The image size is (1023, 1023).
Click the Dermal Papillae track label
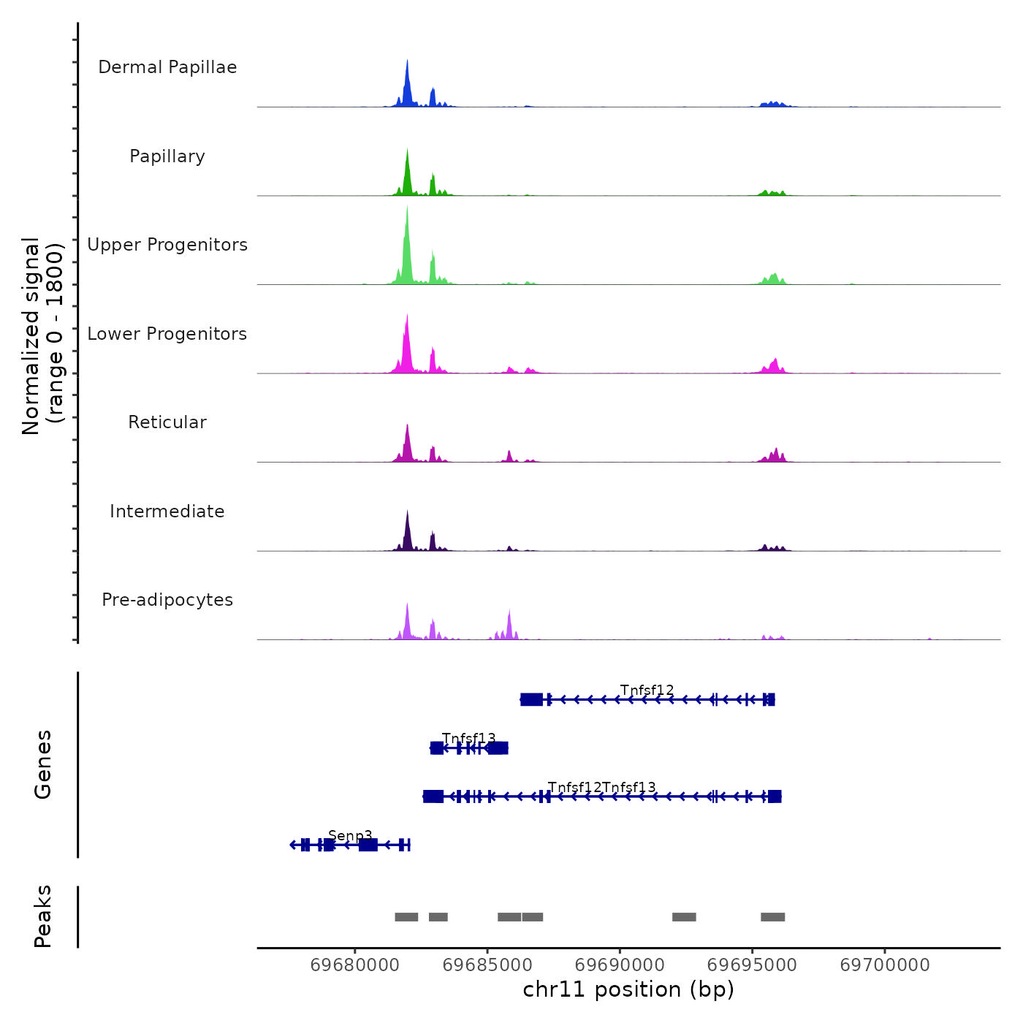[167, 67]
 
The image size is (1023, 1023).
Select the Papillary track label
[167, 156]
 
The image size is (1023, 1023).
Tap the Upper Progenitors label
[167, 245]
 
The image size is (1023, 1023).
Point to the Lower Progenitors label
[167, 334]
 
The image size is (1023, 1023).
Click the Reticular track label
[167, 422]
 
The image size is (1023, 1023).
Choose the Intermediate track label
[167, 512]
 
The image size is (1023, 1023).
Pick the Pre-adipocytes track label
[167, 600]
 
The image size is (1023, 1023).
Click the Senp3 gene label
[350, 835]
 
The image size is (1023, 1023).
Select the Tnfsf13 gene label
[468, 738]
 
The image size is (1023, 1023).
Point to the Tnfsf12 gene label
[647, 690]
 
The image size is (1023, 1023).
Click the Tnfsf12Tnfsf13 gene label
[601, 787]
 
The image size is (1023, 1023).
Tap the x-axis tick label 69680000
[355, 965]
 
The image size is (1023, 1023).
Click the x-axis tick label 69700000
[885, 965]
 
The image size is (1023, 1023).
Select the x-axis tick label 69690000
[620, 965]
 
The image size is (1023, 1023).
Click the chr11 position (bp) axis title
[628, 989]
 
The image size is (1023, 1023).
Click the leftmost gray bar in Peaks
[406, 917]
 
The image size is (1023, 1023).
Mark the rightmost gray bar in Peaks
[772, 917]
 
